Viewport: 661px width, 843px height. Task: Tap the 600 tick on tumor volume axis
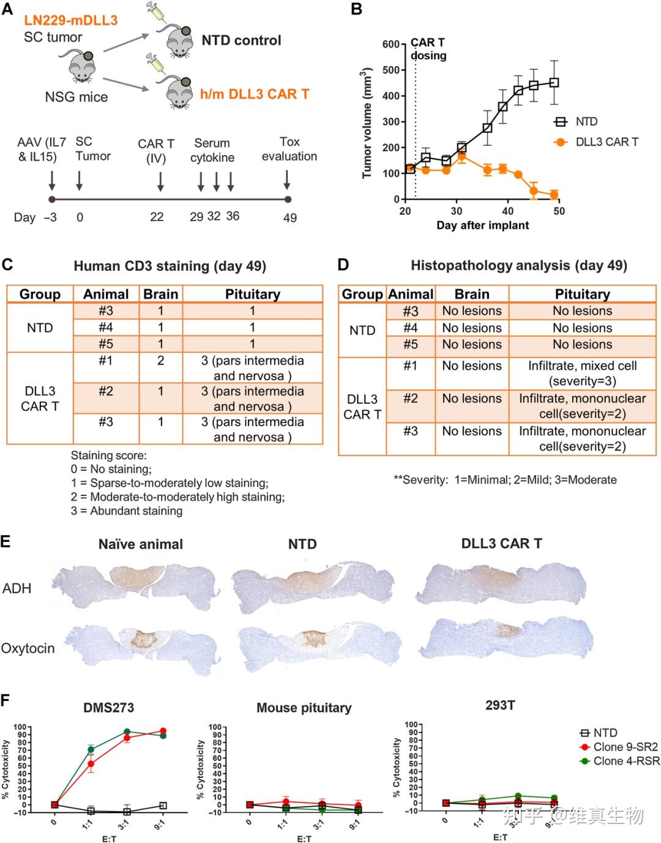coord(391,44)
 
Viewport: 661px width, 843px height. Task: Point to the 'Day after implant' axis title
coord(482,225)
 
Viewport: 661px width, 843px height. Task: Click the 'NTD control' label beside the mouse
coord(241,40)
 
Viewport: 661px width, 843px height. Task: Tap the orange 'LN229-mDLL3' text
coord(71,20)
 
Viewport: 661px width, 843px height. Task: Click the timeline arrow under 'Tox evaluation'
coord(287,180)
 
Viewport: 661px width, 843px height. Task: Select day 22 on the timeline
coord(157,217)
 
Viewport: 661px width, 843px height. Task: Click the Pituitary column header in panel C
coord(252,294)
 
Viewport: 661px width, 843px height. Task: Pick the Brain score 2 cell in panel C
coord(160,361)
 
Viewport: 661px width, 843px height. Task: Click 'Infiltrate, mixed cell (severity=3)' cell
coord(582,373)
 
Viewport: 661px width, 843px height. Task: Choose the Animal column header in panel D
coord(411,294)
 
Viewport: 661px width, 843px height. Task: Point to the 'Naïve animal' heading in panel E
coord(140,544)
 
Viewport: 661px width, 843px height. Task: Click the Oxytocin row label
coord(28,648)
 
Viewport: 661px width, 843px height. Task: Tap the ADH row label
coord(17,588)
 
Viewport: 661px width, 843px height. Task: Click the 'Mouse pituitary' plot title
coord(304,708)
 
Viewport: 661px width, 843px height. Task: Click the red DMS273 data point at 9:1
coord(163,731)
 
